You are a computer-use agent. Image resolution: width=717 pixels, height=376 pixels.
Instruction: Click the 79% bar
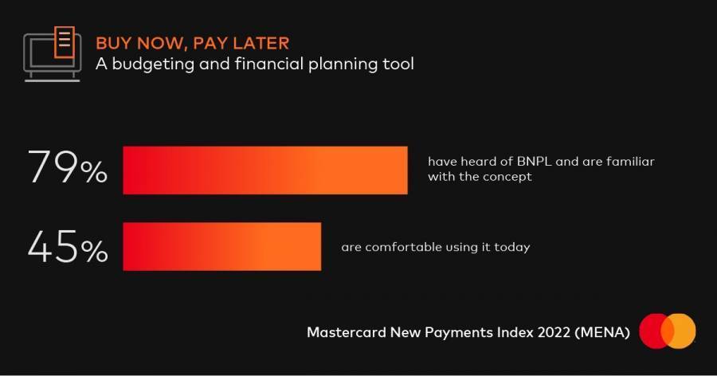pyautogui.click(x=265, y=170)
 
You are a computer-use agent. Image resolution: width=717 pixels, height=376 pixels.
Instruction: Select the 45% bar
pyautogui.click(x=222, y=246)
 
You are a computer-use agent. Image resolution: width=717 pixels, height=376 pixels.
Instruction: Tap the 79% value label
pyautogui.click(x=68, y=167)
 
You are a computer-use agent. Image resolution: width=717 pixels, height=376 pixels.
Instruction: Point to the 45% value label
pyautogui.click(x=68, y=246)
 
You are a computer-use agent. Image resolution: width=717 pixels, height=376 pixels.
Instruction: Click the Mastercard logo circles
pyautogui.click(x=668, y=331)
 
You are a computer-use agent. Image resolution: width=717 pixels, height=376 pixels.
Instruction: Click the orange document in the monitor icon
pyautogui.click(x=65, y=42)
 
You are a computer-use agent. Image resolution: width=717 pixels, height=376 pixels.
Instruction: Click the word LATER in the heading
pyautogui.click(x=261, y=44)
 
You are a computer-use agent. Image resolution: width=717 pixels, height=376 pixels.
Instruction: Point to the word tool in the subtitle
pyautogui.click(x=398, y=64)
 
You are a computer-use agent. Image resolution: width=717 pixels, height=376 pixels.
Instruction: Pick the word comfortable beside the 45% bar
pyautogui.click(x=404, y=247)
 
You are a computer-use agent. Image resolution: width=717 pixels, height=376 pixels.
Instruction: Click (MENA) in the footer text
pyautogui.click(x=603, y=332)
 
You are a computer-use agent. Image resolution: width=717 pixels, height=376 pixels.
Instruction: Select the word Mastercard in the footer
pyautogui.click(x=347, y=332)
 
